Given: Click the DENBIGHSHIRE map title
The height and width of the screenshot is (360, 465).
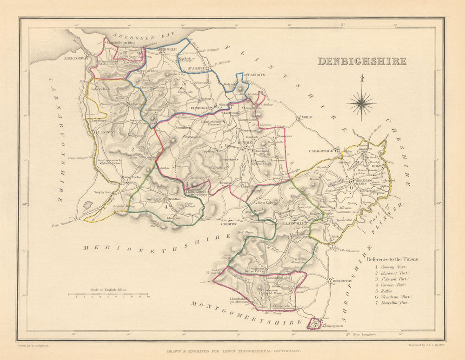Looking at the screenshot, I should [x=362, y=61].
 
